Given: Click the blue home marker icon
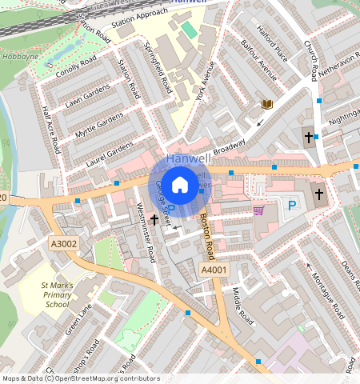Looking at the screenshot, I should point(180,185).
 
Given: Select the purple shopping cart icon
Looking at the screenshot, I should point(258,210).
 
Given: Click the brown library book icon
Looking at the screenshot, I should point(266,105).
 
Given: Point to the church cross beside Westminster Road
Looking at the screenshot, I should point(154,218).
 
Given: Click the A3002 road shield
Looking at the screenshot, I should point(63,243).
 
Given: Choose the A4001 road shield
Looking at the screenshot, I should point(214,271).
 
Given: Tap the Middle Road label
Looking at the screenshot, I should point(242,308).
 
